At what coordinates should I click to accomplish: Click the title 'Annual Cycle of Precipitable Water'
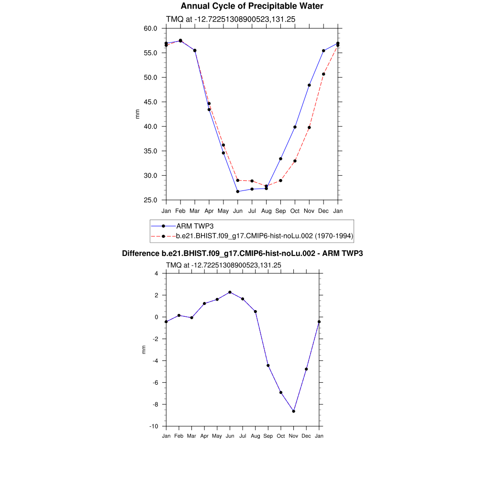[x=252, y=6]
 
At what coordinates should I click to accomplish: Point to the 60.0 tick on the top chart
[x=151, y=28]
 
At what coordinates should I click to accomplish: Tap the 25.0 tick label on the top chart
[x=151, y=200]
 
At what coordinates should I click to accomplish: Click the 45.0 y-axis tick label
[x=151, y=102]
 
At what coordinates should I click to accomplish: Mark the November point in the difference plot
[x=293, y=411]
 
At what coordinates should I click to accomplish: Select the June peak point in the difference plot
[x=230, y=292]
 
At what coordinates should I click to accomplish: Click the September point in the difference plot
[x=268, y=366]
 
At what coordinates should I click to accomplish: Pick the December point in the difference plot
[x=306, y=369]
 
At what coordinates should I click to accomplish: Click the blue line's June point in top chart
[x=237, y=191]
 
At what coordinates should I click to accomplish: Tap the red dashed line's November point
[x=309, y=127]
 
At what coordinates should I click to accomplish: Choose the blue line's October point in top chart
[x=295, y=127]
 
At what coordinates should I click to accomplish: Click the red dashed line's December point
[x=323, y=74]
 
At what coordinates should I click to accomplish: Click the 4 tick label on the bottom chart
[x=156, y=274]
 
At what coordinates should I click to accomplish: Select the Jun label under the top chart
[x=237, y=211]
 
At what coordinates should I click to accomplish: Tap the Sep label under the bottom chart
[x=268, y=436]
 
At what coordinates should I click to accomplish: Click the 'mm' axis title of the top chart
[x=137, y=114]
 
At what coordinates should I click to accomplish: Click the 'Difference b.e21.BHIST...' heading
[x=242, y=253]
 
